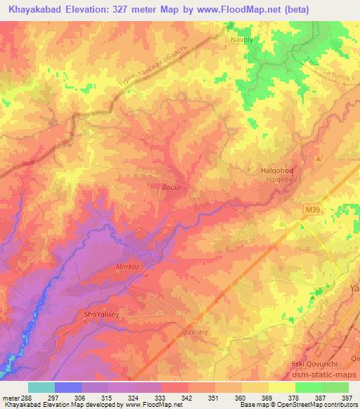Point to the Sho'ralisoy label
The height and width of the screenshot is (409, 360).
pyautogui.click(x=99, y=316)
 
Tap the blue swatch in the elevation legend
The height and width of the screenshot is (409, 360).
pyautogui.click(x=67, y=387)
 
